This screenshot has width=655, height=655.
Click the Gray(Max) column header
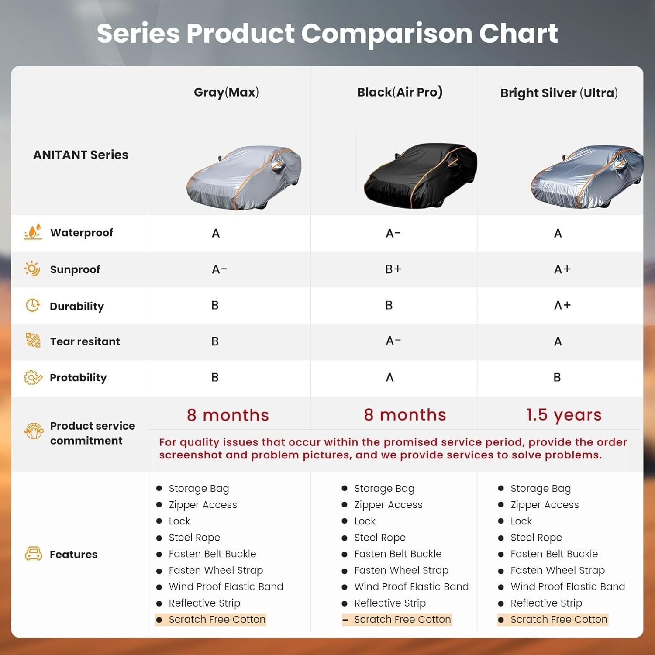pyautogui.click(x=226, y=92)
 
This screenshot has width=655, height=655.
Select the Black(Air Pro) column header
pyautogui.click(x=400, y=92)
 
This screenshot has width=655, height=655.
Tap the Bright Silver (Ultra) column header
pyautogui.click(x=559, y=93)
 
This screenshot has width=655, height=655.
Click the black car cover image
pyautogui.click(x=421, y=175)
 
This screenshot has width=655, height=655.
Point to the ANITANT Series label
pyautogui.click(x=81, y=155)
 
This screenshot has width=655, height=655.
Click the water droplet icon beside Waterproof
pyautogui.click(x=33, y=232)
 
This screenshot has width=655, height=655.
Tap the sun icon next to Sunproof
pyautogui.click(x=32, y=269)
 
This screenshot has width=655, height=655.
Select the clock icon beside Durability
pyautogui.click(x=33, y=305)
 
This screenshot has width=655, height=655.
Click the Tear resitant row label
pyautogui.click(x=85, y=341)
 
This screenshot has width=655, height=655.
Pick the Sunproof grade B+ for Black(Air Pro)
pyautogui.click(x=393, y=269)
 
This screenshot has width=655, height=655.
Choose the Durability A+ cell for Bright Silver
pyautogui.click(x=562, y=305)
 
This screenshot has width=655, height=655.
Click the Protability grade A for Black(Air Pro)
pyautogui.click(x=390, y=377)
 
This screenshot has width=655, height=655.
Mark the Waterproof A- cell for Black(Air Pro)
pyautogui.click(x=393, y=233)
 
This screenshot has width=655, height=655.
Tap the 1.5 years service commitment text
pyautogui.click(x=564, y=415)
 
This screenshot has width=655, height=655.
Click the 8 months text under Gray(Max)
pyautogui.click(x=228, y=415)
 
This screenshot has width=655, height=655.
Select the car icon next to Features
pyautogui.click(x=34, y=554)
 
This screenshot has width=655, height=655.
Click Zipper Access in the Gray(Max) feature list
pyautogui.click(x=203, y=505)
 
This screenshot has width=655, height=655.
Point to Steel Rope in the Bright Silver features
pyautogui.click(x=536, y=538)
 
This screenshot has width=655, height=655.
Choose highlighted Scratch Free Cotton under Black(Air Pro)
pyautogui.click(x=402, y=619)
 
